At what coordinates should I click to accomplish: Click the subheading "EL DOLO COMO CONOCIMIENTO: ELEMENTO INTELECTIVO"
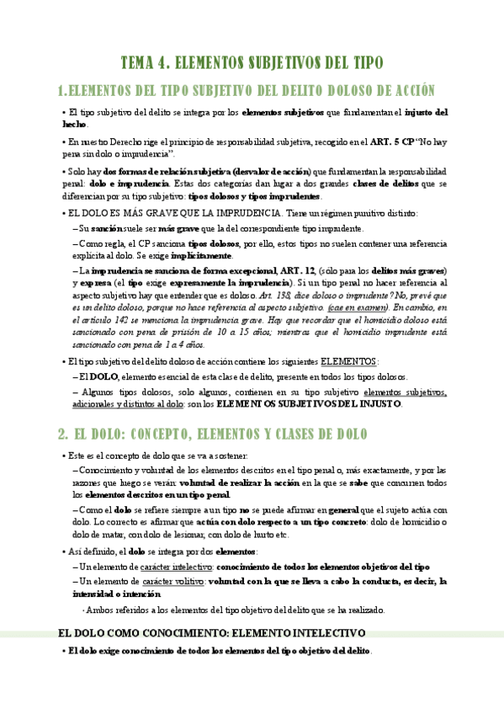210,631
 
